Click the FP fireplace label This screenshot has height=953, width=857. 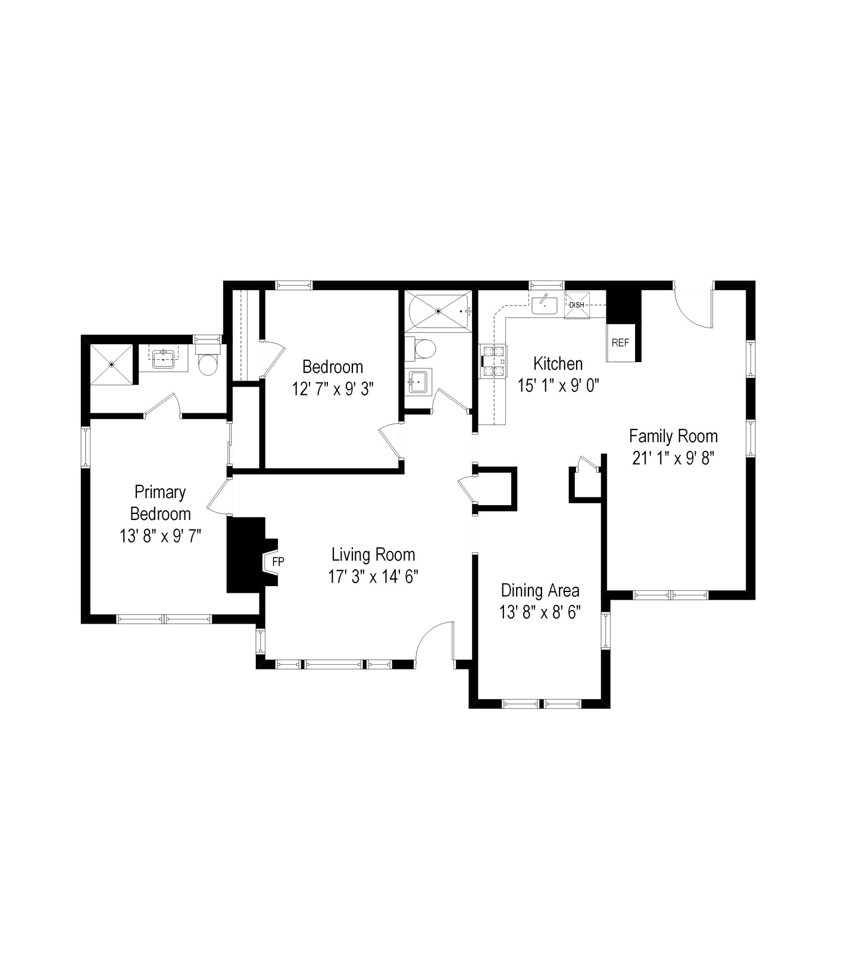coord(278,561)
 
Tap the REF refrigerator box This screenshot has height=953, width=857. coord(621,342)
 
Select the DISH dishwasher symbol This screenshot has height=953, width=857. coord(577,305)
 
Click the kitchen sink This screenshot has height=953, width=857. coord(544,304)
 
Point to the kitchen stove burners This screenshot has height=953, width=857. coord(495,362)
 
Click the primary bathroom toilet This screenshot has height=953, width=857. coord(208,360)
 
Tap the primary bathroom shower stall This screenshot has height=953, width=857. coord(111,364)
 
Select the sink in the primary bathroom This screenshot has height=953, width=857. coord(163,358)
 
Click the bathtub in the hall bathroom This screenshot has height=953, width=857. coord(438,310)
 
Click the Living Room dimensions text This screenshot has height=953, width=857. coord(374,577)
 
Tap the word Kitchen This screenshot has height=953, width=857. coord(558,363)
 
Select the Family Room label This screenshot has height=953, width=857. coord(674,437)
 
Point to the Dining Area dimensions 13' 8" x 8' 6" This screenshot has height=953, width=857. coord(540,612)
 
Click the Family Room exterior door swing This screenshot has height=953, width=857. coord(695,307)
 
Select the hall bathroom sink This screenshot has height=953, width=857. coord(418,382)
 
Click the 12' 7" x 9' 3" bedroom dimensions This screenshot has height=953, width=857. coord(333,389)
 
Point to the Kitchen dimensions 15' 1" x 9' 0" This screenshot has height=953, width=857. coord(558,386)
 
